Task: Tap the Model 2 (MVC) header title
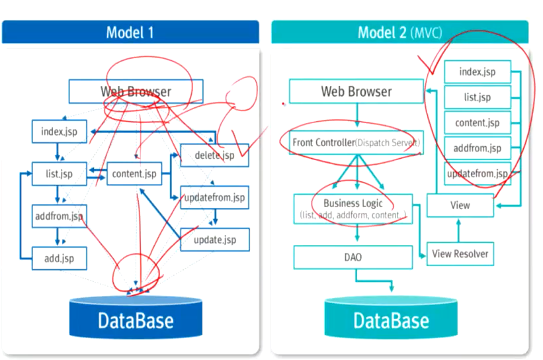pos(399,32)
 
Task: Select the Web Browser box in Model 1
pos(136,91)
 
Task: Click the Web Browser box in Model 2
pos(356,91)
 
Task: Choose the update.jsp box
pos(214,240)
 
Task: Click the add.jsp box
pos(60,257)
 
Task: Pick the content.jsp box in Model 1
pos(134,174)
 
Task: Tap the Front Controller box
pos(356,142)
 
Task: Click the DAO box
pos(353,257)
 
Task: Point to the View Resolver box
pos(460,253)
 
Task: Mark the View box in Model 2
pos(460,205)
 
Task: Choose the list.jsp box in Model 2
pos(477,97)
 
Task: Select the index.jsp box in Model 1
pos(60,131)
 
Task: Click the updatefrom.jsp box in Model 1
pos(214,197)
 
